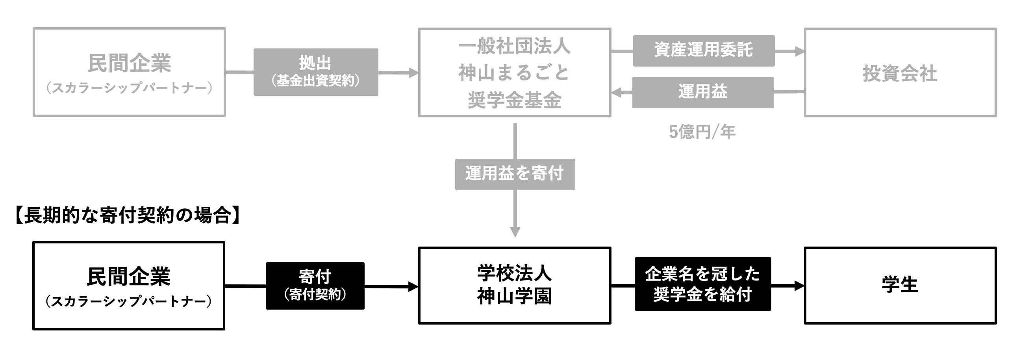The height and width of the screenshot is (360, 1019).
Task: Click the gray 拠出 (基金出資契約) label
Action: (316, 72)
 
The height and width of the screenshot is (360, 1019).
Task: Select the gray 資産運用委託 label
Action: (703, 51)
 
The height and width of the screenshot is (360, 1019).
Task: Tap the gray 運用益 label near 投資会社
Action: (702, 93)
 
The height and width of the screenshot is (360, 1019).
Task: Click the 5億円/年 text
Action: (702, 132)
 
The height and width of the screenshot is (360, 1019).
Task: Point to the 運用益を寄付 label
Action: (515, 174)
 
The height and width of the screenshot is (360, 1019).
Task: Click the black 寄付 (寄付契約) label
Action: (315, 286)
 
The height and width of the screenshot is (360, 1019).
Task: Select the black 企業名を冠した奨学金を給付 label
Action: (702, 284)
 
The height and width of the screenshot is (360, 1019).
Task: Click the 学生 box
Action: (900, 285)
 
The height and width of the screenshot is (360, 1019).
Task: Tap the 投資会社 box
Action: (900, 73)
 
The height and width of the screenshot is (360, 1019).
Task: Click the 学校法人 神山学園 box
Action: (514, 285)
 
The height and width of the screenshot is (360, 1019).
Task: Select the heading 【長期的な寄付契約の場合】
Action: (128, 216)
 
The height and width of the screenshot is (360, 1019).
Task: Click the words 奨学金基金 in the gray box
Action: (514, 100)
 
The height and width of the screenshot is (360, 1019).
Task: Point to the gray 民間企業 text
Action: (129, 63)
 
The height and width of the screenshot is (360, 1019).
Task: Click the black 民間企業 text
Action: (129, 276)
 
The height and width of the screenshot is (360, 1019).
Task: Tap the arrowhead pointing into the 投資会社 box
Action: (800, 51)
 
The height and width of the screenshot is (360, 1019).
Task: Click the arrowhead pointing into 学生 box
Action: (800, 286)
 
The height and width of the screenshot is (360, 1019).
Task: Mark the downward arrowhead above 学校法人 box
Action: (515, 232)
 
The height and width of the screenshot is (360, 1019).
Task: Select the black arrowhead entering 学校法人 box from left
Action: (413, 286)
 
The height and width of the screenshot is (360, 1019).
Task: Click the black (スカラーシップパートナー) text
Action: (129, 302)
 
